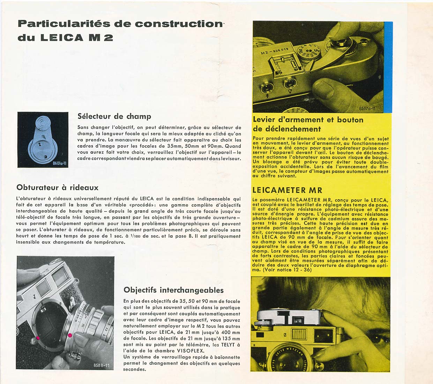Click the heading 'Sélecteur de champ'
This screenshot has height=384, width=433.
[114, 116]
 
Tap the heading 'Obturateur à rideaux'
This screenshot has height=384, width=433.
[57, 187]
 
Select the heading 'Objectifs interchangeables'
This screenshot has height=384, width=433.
[173, 290]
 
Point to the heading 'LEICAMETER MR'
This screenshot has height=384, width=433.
[287, 190]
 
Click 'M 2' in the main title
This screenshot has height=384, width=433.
[101, 38]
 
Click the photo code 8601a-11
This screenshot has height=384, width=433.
[59, 163]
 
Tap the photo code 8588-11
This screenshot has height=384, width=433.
[102, 365]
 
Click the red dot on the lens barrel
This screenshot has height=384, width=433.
[70, 335]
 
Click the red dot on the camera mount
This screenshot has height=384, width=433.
[38, 338]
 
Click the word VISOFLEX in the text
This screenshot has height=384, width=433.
[191, 351]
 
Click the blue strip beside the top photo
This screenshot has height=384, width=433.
[388, 66]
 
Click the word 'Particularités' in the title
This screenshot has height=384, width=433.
[62, 24]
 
